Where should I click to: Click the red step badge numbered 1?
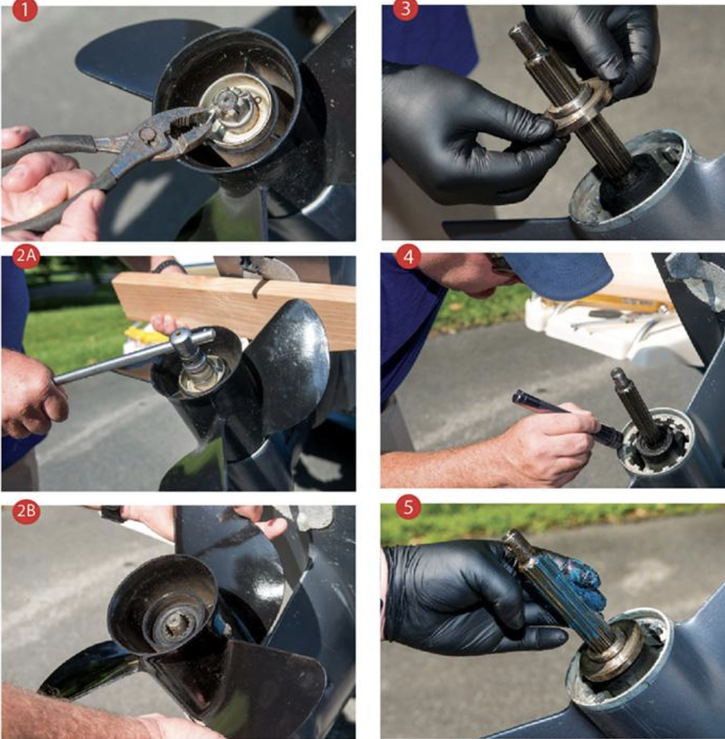coord(25,11)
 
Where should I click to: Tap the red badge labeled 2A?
coord(26,258)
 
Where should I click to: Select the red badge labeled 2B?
coord(26,511)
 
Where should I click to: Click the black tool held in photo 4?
coord(551,411)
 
